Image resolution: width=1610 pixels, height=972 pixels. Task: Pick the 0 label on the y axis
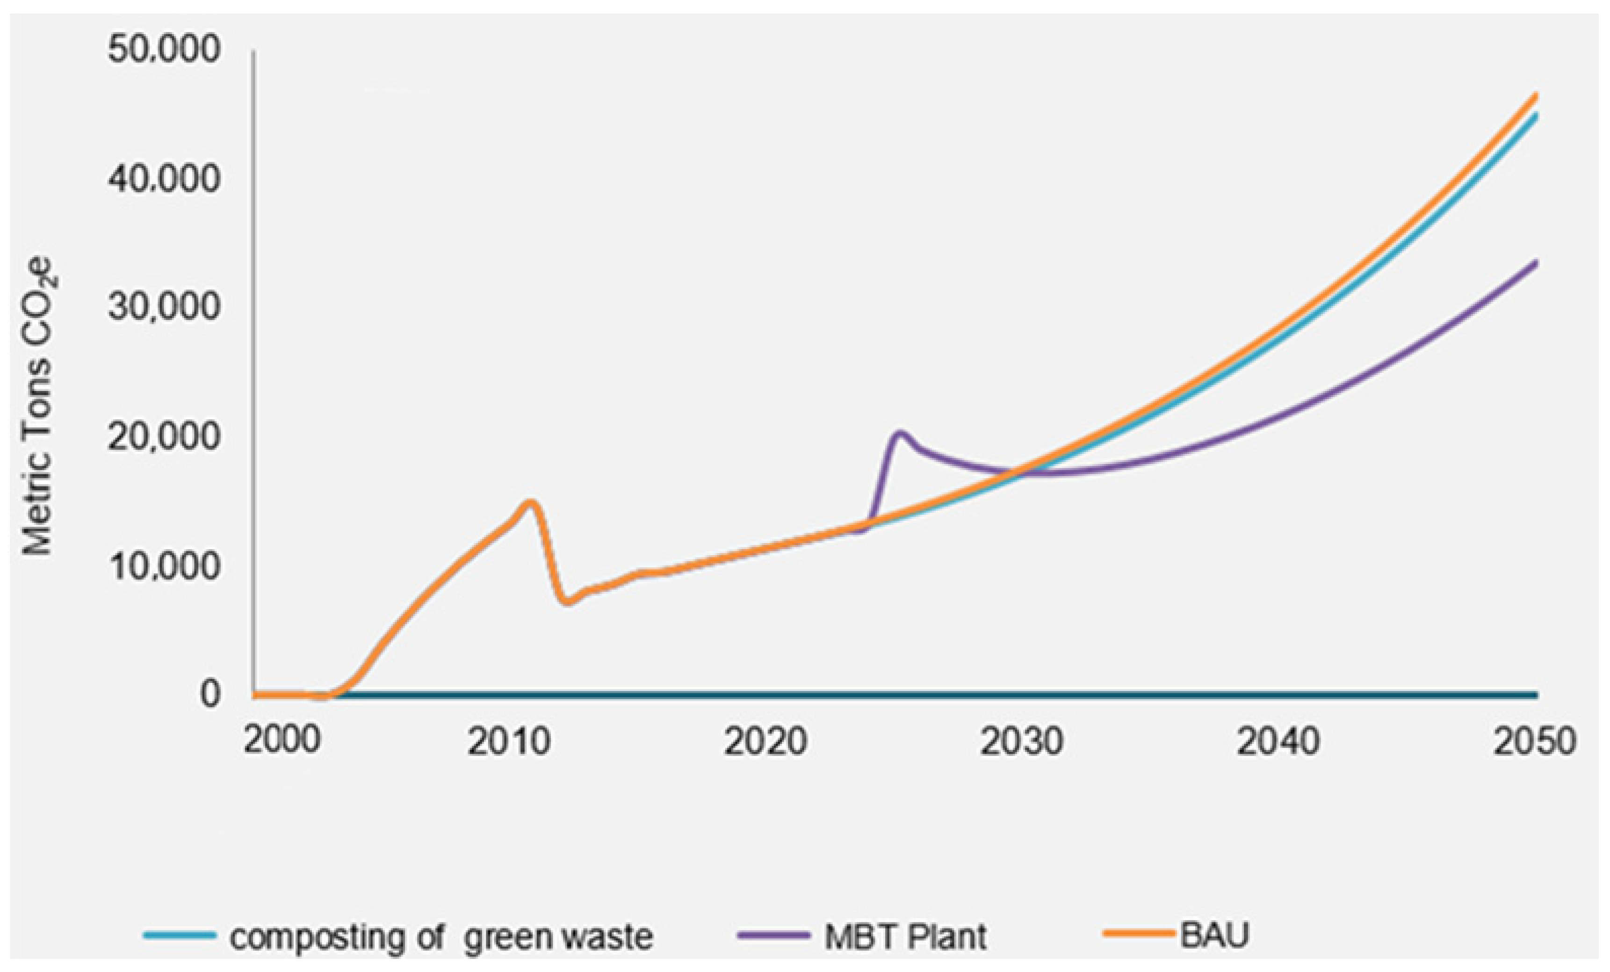(x=210, y=694)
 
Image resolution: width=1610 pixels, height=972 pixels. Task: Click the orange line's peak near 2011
(x=531, y=502)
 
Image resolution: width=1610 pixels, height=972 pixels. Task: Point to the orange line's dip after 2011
(x=567, y=601)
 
